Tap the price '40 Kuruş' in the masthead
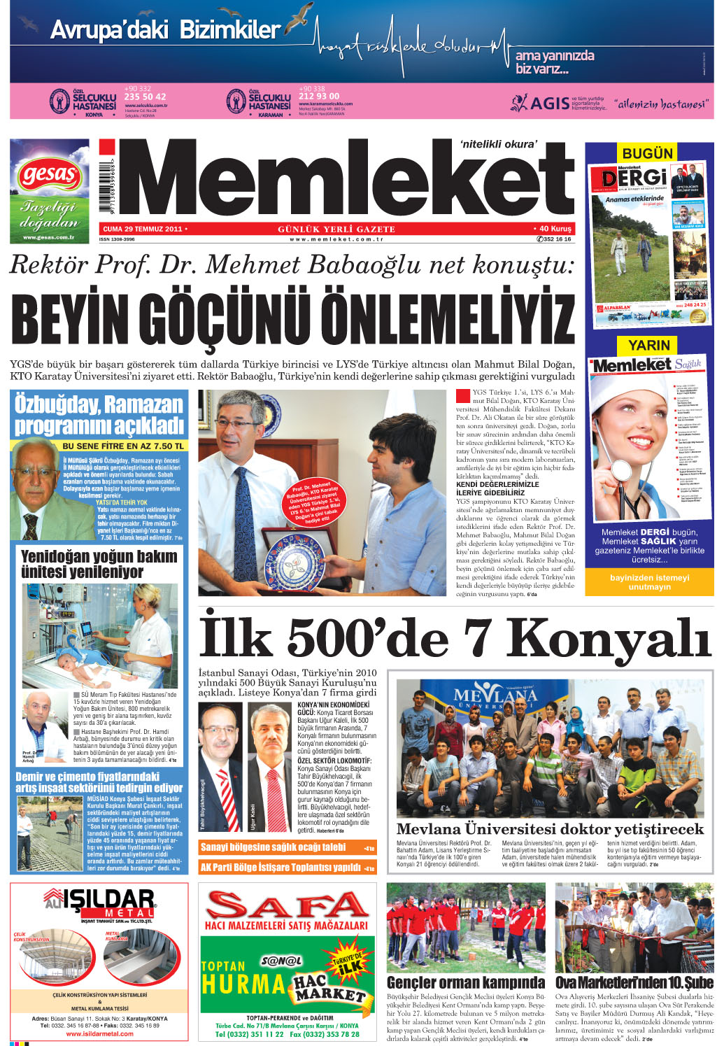click(x=555, y=229)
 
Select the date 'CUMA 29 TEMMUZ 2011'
click(x=142, y=229)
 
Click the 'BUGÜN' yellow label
click(x=648, y=153)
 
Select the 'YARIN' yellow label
click(x=648, y=345)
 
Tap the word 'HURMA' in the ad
click(x=243, y=984)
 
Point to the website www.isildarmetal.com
click(x=99, y=1033)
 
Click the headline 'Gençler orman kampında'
click(x=466, y=982)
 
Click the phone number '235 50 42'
click(x=145, y=97)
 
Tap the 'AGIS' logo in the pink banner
click(x=549, y=104)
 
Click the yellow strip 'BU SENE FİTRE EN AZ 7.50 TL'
click(x=123, y=446)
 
